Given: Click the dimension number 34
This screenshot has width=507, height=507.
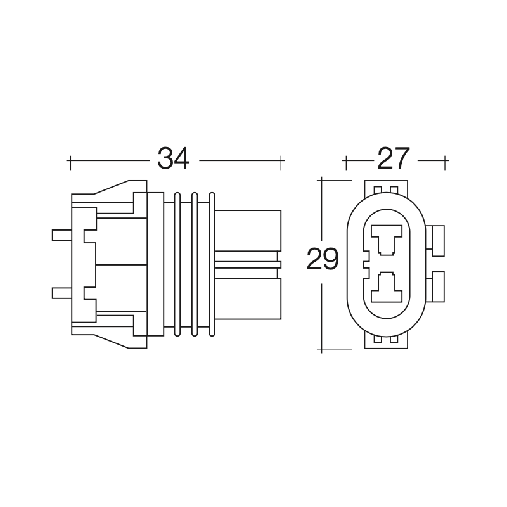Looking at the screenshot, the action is click(173, 158).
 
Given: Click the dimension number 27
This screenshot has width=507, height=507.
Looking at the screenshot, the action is click(394, 158).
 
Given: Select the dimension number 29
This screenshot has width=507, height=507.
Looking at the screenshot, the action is click(323, 259).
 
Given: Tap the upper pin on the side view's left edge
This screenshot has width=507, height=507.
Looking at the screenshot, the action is click(61, 235).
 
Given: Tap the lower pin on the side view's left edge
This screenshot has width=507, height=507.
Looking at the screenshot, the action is click(61, 293).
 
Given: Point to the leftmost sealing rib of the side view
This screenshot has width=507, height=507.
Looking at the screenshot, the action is click(177, 264).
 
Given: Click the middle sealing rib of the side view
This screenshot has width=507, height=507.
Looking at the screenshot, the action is click(195, 264).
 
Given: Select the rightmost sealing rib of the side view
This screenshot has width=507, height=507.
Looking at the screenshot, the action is click(212, 264).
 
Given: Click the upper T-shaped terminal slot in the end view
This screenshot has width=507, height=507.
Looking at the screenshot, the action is click(387, 240).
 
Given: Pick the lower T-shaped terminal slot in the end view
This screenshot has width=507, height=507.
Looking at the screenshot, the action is click(387, 288).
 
